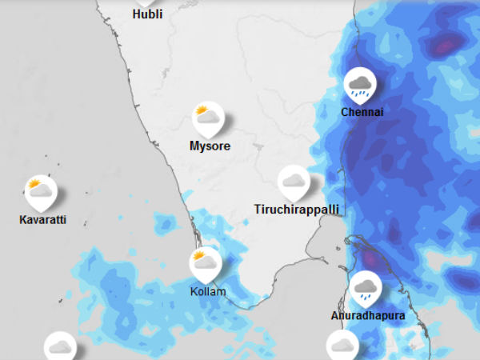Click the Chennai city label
click(x=362, y=112)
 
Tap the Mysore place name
click(x=210, y=146)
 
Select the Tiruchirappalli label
click(x=297, y=210)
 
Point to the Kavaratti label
click(x=42, y=219)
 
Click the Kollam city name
click(x=207, y=291)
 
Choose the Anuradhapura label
click(x=368, y=315)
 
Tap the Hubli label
click(x=147, y=14)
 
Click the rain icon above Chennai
click(x=360, y=83)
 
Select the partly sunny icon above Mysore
click(x=208, y=118)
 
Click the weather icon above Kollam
click(x=205, y=262)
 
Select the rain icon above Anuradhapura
click(x=366, y=287)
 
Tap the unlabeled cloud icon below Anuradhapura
click(x=343, y=346)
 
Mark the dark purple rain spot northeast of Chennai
click(x=442, y=46)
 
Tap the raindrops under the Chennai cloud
click(x=362, y=93)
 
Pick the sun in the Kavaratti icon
click(x=34, y=184)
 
